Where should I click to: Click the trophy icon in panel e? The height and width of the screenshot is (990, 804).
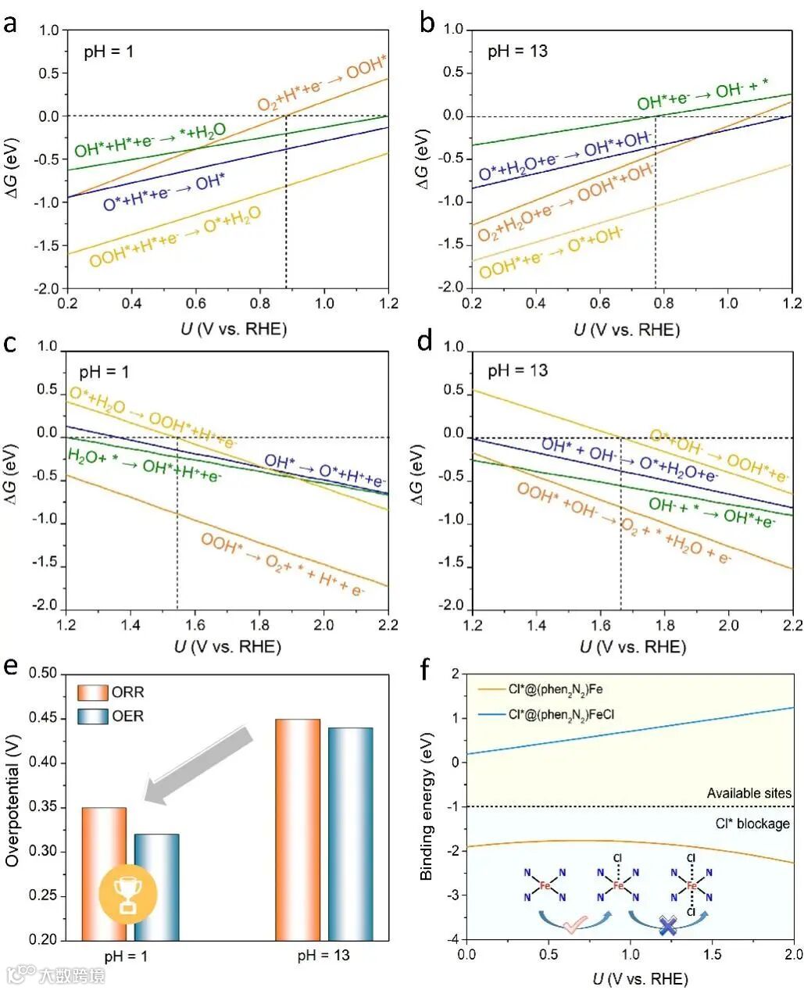pos(127,893)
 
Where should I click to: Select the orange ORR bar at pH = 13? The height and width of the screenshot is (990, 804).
pos(297,828)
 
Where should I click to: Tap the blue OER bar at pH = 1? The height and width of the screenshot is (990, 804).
pos(156,887)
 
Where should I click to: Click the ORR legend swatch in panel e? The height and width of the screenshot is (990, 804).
pos(93,692)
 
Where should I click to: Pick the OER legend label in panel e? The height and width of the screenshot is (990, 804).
pos(128,716)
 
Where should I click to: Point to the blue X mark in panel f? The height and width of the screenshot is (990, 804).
pos(668,927)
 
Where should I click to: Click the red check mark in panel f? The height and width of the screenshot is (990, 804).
pos(574,926)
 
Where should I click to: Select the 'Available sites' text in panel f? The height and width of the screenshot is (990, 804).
pos(749,793)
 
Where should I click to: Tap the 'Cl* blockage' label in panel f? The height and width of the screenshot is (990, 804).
pos(752,824)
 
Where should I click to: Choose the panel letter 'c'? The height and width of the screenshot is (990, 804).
pos(11,345)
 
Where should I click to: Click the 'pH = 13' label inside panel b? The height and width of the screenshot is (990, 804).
pos(518,52)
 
